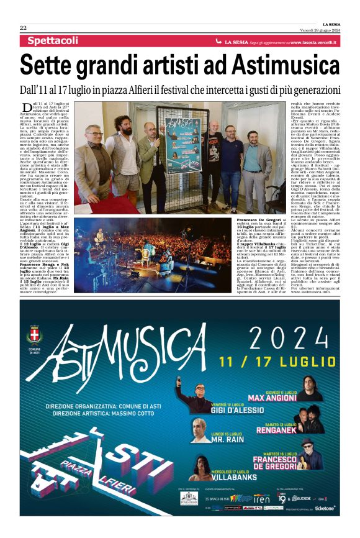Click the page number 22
(23, 28)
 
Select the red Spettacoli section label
(53, 41)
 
